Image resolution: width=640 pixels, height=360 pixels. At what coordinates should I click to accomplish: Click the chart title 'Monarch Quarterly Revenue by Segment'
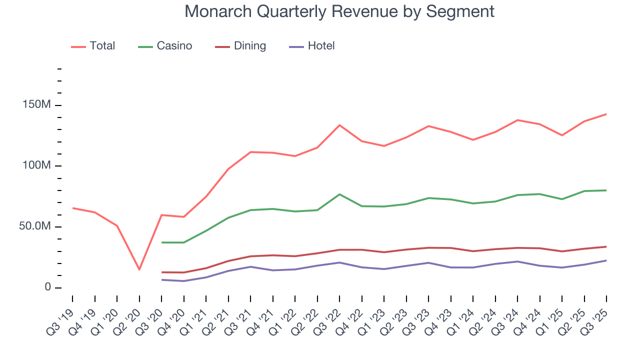click(x=339, y=11)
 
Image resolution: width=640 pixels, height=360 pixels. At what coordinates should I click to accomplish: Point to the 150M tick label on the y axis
click(x=36, y=105)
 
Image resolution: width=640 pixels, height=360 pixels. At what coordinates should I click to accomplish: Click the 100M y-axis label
click(x=36, y=166)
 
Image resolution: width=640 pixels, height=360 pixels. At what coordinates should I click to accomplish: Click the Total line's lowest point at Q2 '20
click(x=139, y=269)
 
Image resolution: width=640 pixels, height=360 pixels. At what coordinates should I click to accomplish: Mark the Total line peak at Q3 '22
click(x=339, y=125)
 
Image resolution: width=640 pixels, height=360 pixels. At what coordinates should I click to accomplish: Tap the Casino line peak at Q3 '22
click(x=339, y=194)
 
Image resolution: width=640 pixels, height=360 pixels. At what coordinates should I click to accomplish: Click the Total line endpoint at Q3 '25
click(x=606, y=114)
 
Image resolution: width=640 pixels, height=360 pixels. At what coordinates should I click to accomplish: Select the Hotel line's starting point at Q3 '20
click(x=161, y=279)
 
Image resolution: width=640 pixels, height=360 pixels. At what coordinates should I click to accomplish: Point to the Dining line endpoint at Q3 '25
click(x=606, y=246)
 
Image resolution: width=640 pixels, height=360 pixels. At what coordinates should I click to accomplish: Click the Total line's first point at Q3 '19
click(x=72, y=208)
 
